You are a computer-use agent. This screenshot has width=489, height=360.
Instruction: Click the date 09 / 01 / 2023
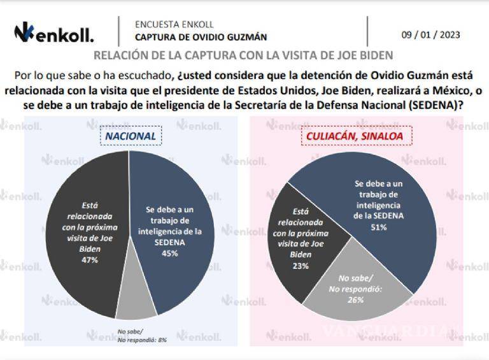coord(430,34)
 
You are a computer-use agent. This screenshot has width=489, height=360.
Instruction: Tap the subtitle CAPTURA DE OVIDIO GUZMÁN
coord(201,38)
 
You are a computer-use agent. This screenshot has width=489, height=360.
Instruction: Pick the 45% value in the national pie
coord(169,252)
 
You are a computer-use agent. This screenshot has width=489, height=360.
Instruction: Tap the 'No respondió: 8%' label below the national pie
coord(142,340)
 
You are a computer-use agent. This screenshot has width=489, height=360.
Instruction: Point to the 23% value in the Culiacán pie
coord(301,266)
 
